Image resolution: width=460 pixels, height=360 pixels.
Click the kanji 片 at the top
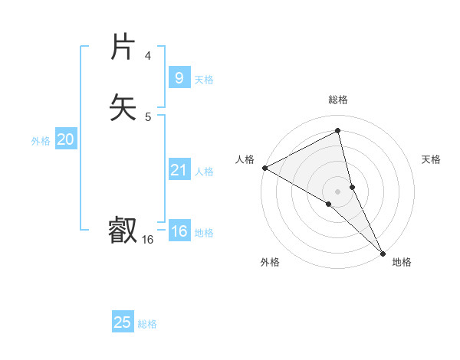click(x=123, y=47)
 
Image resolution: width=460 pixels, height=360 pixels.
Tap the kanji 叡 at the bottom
click(x=123, y=230)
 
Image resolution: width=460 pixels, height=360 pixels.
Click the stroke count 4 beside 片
click(x=147, y=56)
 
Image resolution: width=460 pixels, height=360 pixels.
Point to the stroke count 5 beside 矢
click(x=147, y=116)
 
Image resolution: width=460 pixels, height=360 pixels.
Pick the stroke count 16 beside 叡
click(x=147, y=240)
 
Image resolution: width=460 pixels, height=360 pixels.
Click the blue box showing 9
click(x=179, y=77)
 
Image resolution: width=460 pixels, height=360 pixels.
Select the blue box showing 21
click(x=179, y=170)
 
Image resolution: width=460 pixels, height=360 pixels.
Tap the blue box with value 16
click(x=179, y=231)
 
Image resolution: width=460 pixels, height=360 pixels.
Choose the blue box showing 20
click(x=66, y=139)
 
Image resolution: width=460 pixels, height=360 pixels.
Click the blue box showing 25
click(x=123, y=322)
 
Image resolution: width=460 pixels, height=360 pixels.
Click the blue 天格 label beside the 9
click(x=204, y=80)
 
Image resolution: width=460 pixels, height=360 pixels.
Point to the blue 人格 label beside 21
click(x=204, y=172)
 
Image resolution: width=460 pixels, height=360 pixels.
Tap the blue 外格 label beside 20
click(x=41, y=141)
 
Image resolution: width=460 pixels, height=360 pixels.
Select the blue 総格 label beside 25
click(x=147, y=324)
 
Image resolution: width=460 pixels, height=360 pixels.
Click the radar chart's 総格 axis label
click(x=338, y=100)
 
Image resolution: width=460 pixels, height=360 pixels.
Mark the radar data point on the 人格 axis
click(x=264, y=168)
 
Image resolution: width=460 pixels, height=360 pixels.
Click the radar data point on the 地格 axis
click(x=382, y=253)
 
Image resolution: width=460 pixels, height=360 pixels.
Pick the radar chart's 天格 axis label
click(x=432, y=159)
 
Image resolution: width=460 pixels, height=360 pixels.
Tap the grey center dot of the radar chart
click(x=338, y=191)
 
